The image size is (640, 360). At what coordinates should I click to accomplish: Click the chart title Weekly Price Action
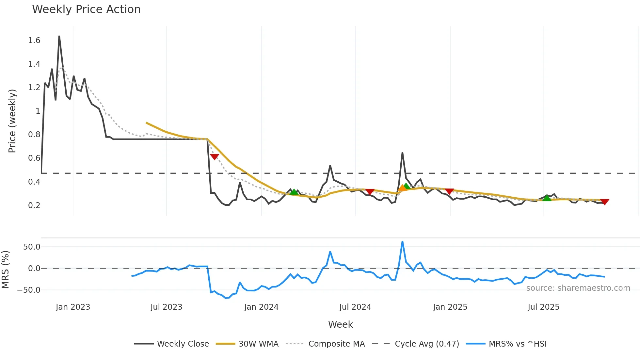point(86,9)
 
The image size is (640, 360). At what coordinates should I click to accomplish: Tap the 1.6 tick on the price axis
point(34,41)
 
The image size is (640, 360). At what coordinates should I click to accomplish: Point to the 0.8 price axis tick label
point(34,135)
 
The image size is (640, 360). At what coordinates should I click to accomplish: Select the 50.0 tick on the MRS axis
point(32,247)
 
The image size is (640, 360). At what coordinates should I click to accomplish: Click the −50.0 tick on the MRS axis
point(29,290)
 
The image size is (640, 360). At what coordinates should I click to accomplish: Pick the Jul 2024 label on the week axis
point(355,307)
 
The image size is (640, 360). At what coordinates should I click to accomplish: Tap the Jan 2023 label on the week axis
point(73,307)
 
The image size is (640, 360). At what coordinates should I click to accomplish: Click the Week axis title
point(340,324)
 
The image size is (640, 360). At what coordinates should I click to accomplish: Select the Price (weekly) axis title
point(12,121)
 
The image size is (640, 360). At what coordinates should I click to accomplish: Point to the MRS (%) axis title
point(6,270)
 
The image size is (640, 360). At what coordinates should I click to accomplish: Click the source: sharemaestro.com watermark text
point(578,288)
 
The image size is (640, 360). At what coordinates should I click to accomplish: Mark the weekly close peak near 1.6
point(59,36)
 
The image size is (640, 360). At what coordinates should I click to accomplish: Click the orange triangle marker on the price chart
point(402,188)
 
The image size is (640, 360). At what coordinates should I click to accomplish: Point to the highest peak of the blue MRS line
point(402,242)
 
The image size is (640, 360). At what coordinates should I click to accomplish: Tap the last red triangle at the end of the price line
point(604,202)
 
